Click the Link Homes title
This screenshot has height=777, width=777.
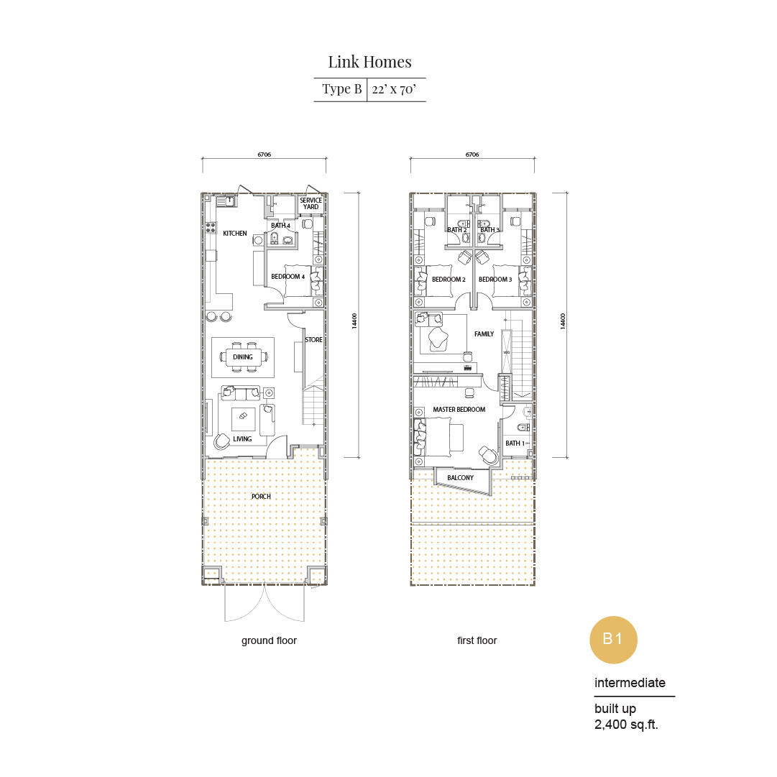click(x=369, y=62)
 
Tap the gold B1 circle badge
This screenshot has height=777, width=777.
click(x=613, y=639)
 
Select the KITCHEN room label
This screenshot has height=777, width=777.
click(x=235, y=234)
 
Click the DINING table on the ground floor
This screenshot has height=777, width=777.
click(x=243, y=357)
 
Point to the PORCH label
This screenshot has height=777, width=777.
click(x=261, y=497)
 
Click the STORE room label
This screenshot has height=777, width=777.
click(x=313, y=340)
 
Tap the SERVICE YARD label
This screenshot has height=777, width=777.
click(x=311, y=203)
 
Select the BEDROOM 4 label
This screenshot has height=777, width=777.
click(x=288, y=277)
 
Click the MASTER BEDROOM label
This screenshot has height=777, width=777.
click(x=459, y=409)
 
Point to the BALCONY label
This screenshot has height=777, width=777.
click(x=460, y=478)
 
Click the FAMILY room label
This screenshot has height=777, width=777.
click(x=484, y=334)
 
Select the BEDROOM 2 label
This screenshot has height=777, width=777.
click(x=449, y=280)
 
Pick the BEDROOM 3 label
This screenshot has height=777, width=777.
click(x=495, y=280)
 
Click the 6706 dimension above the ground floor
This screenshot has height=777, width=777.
click(x=264, y=155)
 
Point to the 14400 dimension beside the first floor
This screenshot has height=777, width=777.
click(x=563, y=321)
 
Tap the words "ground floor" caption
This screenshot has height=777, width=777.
click(x=269, y=640)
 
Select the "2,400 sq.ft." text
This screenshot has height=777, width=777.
click(x=626, y=725)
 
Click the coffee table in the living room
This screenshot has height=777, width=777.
click(x=244, y=419)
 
